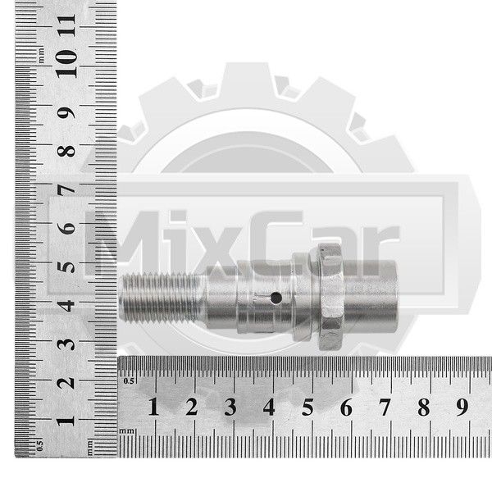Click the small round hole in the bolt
click(x=276, y=298)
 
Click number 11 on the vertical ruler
click(x=66, y=25)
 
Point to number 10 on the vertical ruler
click(x=66, y=64)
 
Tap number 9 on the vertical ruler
click(x=66, y=112)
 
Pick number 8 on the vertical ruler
click(x=66, y=151)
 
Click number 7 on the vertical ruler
click(x=66, y=189)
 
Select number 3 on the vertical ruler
click(x=66, y=344)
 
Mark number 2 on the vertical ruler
click(x=66, y=383)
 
